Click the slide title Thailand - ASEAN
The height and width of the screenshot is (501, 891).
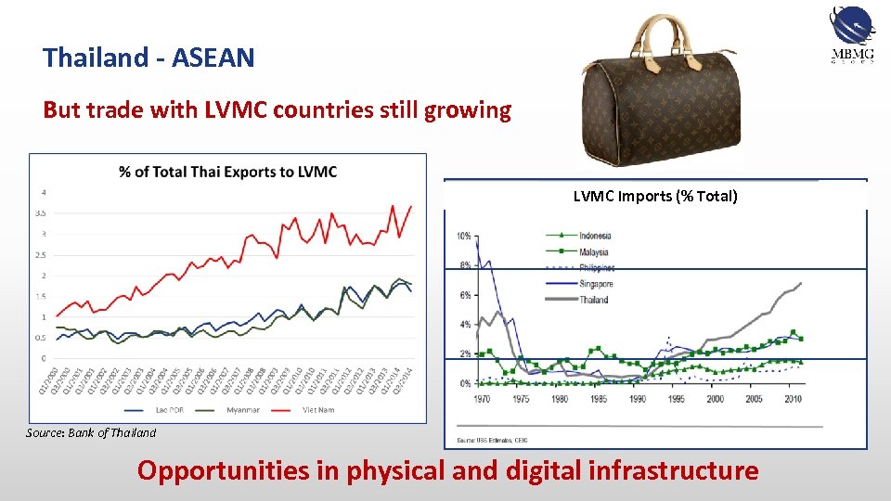pyautogui.click(x=148, y=58)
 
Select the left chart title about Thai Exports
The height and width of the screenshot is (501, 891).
pyautogui.click(x=228, y=172)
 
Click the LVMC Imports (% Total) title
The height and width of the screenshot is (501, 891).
pyautogui.click(x=655, y=196)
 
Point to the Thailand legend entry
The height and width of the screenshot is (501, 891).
pyautogui.click(x=593, y=300)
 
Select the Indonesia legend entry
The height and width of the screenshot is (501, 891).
pyautogui.click(x=594, y=236)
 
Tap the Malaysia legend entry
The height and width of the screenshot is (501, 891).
pyautogui.click(x=593, y=251)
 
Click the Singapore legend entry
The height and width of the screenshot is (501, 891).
pyautogui.click(x=595, y=284)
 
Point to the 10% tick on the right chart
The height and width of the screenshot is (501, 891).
pyautogui.click(x=463, y=237)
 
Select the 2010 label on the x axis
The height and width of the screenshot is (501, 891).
pyautogui.click(x=792, y=399)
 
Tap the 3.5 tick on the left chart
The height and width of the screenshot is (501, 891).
pyautogui.click(x=41, y=213)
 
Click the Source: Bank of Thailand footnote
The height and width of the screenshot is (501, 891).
pyautogui.click(x=91, y=432)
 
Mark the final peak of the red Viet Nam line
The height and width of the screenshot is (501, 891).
pyautogui.click(x=411, y=206)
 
